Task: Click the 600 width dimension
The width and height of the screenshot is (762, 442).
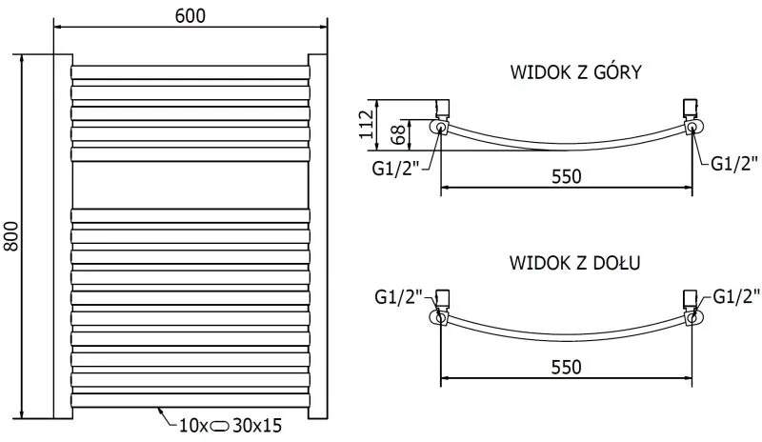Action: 190,15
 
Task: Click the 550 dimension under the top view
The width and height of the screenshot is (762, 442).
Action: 566,175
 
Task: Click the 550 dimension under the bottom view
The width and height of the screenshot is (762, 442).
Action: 566,365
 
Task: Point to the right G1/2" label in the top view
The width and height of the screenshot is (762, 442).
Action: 734,163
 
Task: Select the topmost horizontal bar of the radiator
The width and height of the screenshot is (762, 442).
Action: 190,71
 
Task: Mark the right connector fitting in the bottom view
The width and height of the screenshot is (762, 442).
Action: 692,305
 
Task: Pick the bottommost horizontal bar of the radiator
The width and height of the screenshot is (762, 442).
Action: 190,400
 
